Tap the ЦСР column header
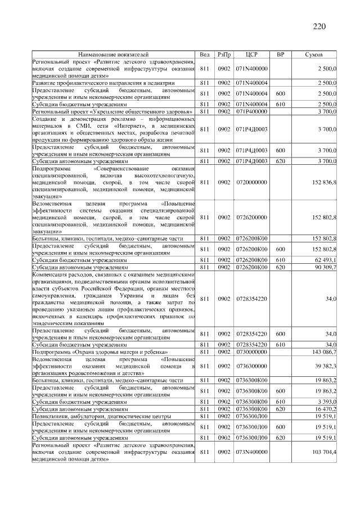coord(251,55)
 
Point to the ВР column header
coord(281,55)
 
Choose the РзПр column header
coord(224,55)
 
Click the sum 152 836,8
coord(324,182)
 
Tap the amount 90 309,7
coord(325,268)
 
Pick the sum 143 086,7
coord(324,351)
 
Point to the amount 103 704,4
coord(324,452)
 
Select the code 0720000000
coord(251,182)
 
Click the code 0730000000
coord(251,351)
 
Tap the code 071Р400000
coord(251,112)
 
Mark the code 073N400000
coord(251,452)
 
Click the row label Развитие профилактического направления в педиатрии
coord(89,83)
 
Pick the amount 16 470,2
coord(325,409)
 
